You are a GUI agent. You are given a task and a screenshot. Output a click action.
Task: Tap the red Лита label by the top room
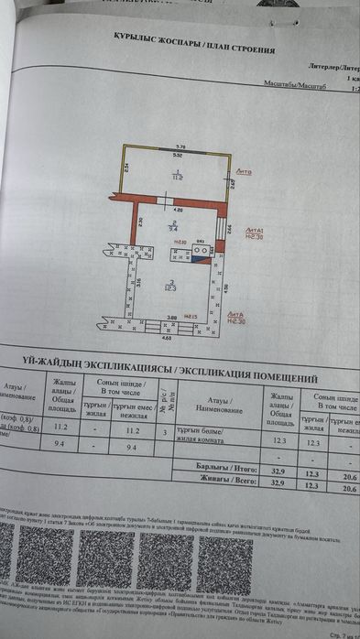pos(245,171)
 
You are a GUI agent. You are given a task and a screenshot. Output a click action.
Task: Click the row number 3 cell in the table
pos(164,430)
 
